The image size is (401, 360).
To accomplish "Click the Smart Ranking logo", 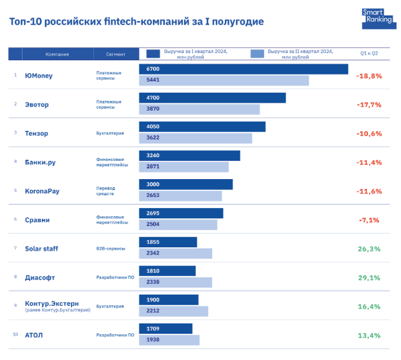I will (x=373, y=19).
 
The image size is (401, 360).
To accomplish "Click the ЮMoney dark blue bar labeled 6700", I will (x=243, y=69).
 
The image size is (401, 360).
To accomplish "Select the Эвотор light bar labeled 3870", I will (x=199, y=109).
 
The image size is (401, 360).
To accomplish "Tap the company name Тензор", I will (x=37, y=133).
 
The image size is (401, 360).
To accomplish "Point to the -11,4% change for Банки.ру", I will (x=369, y=162).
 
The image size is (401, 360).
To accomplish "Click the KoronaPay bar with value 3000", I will (x=186, y=185).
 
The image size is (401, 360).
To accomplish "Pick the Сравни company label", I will (x=37, y=219).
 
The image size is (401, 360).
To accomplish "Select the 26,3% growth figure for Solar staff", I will (x=369, y=248).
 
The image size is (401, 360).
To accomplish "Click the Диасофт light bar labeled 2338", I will (x=176, y=283).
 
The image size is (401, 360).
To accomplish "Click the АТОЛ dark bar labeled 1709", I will (x=165, y=328).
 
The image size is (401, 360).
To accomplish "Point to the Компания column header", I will (x=57, y=54).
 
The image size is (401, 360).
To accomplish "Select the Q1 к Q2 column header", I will (x=369, y=54).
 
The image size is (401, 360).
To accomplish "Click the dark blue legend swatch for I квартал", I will (x=153, y=54).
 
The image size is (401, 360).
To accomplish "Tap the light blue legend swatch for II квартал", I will (x=257, y=54).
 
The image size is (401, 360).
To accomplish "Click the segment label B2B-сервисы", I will (x=111, y=249).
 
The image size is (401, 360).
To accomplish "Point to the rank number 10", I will (x=16, y=335).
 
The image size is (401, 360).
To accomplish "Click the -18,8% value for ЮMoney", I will (x=369, y=76).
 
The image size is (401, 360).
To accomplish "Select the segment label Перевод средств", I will (x=106, y=191).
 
